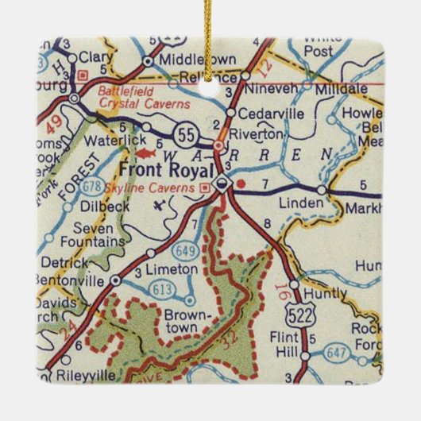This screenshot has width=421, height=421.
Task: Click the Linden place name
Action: pos(303,203)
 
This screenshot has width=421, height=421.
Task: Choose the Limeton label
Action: pos(175,269)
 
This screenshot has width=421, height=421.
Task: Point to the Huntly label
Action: pos(326,293)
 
